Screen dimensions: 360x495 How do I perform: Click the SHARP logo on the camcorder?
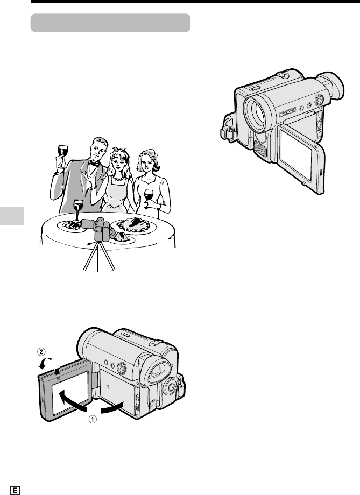(x=288, y=112)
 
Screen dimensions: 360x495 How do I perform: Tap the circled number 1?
(x=93, y=419)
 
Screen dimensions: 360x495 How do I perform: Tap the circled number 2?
(x=41, y=351)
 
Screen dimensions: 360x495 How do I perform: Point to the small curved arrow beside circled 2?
(x=44, y=363)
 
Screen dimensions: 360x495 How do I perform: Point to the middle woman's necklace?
(x=119, y=179)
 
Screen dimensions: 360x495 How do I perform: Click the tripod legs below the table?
(x=99, y=257)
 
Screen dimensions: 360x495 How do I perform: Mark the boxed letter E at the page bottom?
(x=15, y=490)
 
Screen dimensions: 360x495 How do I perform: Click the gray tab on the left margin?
(x=12, y=216)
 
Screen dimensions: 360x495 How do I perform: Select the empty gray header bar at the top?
(x=110, y=23)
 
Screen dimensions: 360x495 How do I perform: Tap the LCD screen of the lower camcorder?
(x=70, y=393)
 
